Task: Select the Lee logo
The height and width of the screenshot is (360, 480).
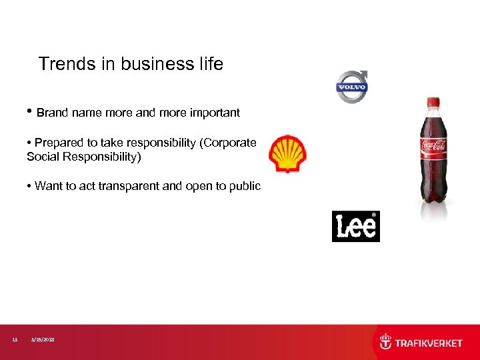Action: pyautogui.click(x=355, y=227)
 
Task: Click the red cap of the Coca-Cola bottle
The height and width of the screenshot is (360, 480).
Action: pyautogui.click(x=433, y=103)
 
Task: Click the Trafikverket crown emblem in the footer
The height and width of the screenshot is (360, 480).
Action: pyautogui.click(x=385, y=342)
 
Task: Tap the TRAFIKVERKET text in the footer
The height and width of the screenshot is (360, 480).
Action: pyautogui.click(x=429, y=343)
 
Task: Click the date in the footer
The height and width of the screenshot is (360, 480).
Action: pyautogui.click(x=43, y=340)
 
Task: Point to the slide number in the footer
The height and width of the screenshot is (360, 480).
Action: pyautogui.click(x=15, y=340)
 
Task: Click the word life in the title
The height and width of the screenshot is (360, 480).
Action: pyautogui.click(x=210, y=64)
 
